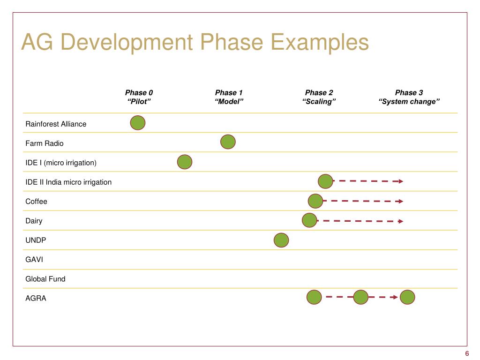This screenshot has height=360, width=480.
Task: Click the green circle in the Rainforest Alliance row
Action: [x=137, y=123]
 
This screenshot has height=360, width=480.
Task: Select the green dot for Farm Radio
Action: [x=228, y=142]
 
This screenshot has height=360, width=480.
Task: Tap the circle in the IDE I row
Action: [x=185, y=162]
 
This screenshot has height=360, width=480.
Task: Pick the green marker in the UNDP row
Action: [x=281, y=240]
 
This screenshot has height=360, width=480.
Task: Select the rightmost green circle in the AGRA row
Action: [x=407, y=297]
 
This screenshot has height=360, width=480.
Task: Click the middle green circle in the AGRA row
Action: [x=360, y=297]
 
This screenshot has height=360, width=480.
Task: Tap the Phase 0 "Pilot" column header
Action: [x=139, y=97]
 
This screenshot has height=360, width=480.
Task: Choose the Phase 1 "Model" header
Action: [x=229, y=97]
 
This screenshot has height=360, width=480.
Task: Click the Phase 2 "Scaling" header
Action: [x=319, y=97]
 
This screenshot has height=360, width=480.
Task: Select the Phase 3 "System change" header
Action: [x=409, y=97]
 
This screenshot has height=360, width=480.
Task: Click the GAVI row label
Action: [x=34, y=259]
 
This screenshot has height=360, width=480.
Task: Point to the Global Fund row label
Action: [x=45, y=279]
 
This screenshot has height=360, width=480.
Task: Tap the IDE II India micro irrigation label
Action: [x=68, y=182]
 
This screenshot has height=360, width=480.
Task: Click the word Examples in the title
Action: [x=320, y=42]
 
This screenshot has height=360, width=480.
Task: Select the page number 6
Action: [x=467, y=353]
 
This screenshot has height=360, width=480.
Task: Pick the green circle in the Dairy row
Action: [x=309, y=220]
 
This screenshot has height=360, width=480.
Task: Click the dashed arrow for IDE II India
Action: [x=367, y=181]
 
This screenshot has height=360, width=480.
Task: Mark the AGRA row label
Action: [x=36, y=298]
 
